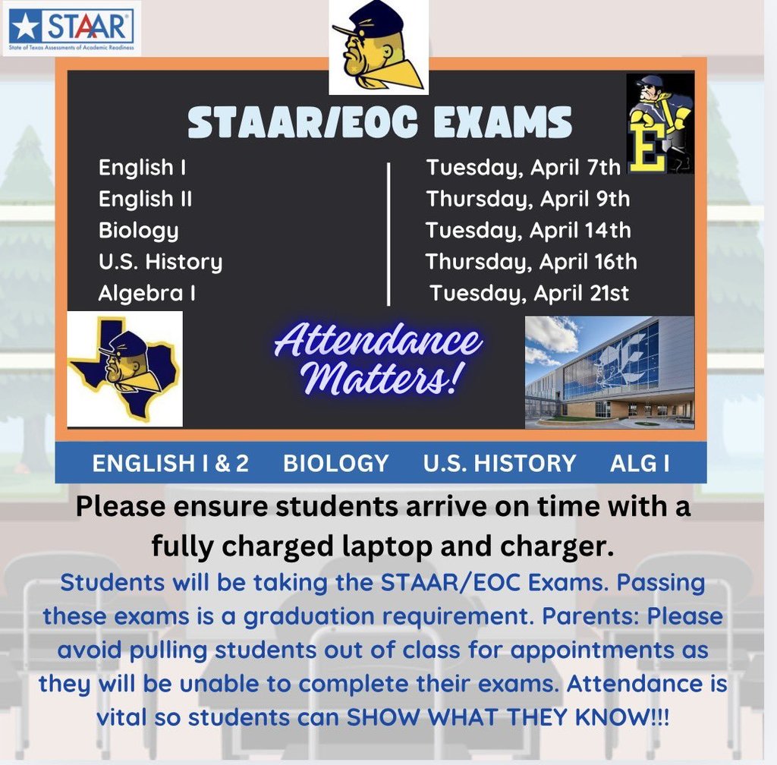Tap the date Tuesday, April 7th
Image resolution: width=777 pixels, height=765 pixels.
tap(523, 168)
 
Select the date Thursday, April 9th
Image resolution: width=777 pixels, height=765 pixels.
tap(527, 199)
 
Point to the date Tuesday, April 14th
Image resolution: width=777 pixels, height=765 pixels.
tap(527, 230)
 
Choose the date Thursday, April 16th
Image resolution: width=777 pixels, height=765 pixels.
tap(530, 262)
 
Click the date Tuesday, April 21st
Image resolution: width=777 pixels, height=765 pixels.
tap(529, 293)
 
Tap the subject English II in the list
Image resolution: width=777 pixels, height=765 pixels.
tap(145, 199)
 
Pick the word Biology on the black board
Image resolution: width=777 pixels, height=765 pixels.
tap(138, 231)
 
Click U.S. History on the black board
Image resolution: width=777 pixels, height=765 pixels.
tap(160, 262)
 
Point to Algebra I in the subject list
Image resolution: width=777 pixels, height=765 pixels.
tap(146, 293)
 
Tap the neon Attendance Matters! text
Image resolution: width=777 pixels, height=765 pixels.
tap(377, 361)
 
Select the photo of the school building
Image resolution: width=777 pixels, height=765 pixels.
tap(609, 372)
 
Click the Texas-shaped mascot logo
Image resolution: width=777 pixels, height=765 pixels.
tap(124, 368)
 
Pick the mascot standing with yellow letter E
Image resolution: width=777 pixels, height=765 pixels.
tap(659, 123)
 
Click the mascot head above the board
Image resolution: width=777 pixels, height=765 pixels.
tap(379, 47)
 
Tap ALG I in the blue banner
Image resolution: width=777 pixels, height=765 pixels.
tap(639, 463)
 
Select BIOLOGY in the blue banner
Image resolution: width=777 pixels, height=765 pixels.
tap(335, 463)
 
